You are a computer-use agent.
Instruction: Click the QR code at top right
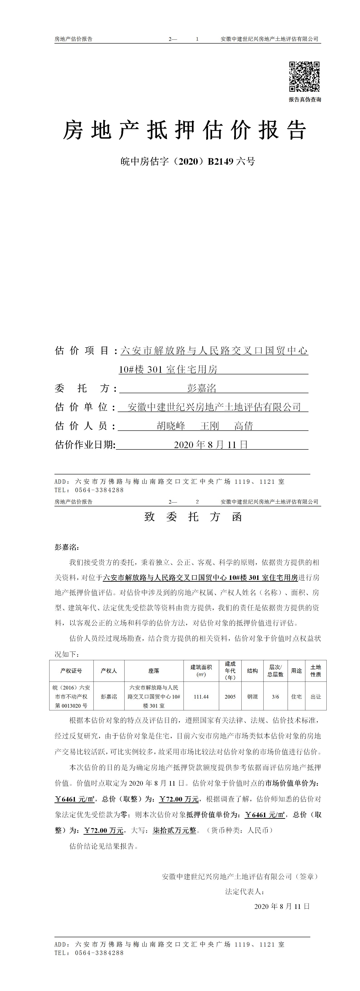pos(304,76)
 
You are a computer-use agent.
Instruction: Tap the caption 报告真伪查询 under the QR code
pos(305,100)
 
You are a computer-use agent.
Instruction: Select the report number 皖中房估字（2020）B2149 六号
pos(188,162)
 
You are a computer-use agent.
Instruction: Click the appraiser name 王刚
pos(210,426)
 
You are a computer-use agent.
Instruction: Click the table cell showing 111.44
pos(201,697)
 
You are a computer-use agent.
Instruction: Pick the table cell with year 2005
pos(230,697)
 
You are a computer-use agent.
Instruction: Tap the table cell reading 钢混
pos(252,697)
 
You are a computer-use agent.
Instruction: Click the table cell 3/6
pos(275,697)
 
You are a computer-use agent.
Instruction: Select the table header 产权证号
pos(71,671)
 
